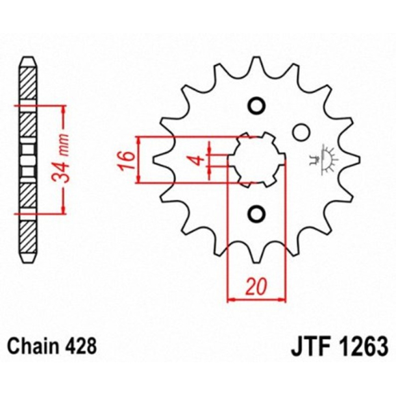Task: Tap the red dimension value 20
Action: [x=256, y=288]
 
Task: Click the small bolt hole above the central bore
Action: [x=256, y=106]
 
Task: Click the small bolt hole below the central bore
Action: [x=256, y=213]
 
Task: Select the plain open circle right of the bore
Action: [x=300, y=132]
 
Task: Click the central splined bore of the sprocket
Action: [x=258, y=158]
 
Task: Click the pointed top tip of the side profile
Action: [x=27, y=59]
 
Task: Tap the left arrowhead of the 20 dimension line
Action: [x=232, y=299]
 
